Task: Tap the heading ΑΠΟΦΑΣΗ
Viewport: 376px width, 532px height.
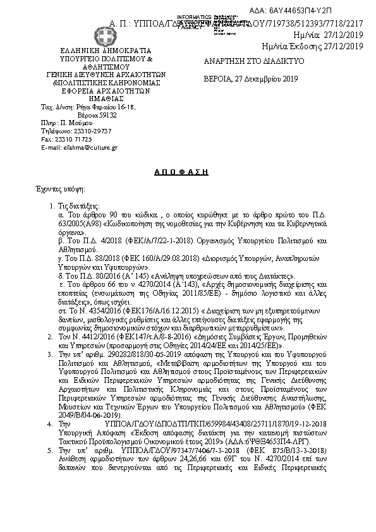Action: point(182,171)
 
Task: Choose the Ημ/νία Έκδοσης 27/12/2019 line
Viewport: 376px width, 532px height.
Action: point(312,45)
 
